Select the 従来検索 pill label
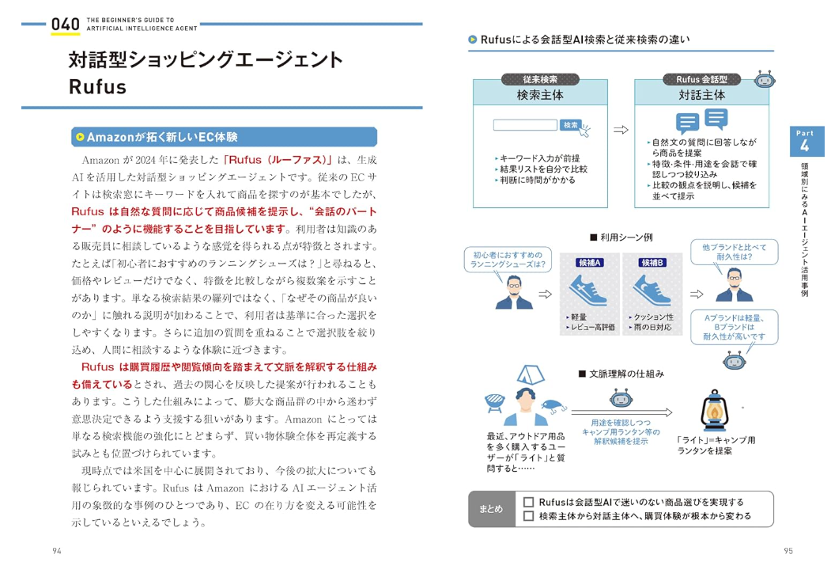(540, 79)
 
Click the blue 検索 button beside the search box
(570, 125)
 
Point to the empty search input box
(526, 125)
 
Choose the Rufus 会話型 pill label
(701, 79)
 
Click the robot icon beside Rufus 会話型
(764, 80)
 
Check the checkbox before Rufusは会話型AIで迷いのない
(529, 502)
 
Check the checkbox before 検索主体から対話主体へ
(529, 517)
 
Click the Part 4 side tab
(804, 142)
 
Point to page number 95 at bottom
(788, 551)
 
